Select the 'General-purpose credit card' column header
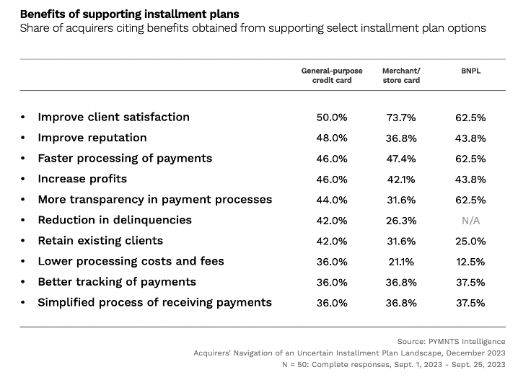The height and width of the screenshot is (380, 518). [332, 76]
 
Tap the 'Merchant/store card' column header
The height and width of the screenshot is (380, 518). [401, 76]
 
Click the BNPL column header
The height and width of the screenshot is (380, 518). [470, 71]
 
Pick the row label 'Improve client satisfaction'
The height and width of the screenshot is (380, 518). [113, 117]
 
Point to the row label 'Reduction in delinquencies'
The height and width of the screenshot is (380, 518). [115, 220]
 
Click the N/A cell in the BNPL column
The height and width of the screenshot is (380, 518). [470, 221]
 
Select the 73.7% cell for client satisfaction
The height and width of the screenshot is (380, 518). [401, 118]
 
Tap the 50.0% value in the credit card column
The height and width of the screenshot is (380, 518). [332, 118]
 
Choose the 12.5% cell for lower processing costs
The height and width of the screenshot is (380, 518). [470, 262]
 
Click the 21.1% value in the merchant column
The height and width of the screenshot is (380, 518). [401, 262]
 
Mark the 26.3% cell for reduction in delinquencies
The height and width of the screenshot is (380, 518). [401, 221]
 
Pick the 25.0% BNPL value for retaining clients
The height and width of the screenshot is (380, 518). [470, 242]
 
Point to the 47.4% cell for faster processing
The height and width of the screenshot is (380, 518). [401, 159]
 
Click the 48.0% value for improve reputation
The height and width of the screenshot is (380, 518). [332, 138]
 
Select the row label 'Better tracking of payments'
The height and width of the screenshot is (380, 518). [117, 282]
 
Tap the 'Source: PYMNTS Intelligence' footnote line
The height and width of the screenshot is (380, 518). [452, 341]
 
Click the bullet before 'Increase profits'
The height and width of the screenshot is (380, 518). [24, 180]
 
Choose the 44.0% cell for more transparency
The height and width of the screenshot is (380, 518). [332, 200]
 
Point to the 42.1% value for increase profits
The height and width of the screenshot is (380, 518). [401, 180]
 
